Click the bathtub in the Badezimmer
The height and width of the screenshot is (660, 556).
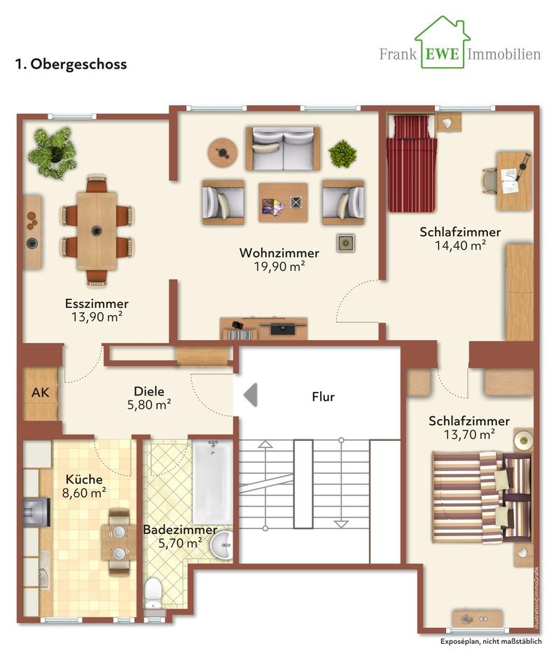pyautogui.click(x=213, y=482)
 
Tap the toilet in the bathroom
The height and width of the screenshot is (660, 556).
pyautogui.click(x=153, y=593)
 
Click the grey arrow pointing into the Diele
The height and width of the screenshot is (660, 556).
pyautogui.click(x=251, y=395)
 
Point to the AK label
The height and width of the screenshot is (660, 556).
pyautogui.click(x=41, y=393)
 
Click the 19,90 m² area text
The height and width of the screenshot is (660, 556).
pyautogui.click(x=279, y=267)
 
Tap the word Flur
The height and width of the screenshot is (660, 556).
pyautogui.click(x=323, y=397)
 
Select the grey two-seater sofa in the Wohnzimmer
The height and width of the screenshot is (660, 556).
pyautogui.click(x=283, y=148)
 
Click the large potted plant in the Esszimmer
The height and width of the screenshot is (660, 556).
pyautogui.click(x=53, y=153)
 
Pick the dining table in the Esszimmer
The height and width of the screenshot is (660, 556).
pyautogui.click(x=97, y=231)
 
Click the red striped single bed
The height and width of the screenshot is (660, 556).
pyautogui.click(x=412, y=163)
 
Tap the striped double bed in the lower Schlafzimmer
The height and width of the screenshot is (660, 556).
pyautogui.click(x=482, y=497)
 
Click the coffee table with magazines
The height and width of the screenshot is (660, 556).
pyautogui.click(x=283, y=202)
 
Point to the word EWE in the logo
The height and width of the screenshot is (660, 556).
pyautogui.click(x=442, y=54)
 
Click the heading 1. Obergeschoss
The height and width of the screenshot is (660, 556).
pyautogui.click(x=71, y=64)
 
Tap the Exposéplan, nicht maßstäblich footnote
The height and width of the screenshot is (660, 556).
pyautogui.click(x=491, y=642)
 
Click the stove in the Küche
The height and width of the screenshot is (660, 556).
pyautogui.click(x=36, y=512)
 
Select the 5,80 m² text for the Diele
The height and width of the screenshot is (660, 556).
pyautogui.click(x=149, y=405)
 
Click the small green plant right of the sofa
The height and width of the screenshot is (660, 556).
pyautogui.click(x=343, y=154)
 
